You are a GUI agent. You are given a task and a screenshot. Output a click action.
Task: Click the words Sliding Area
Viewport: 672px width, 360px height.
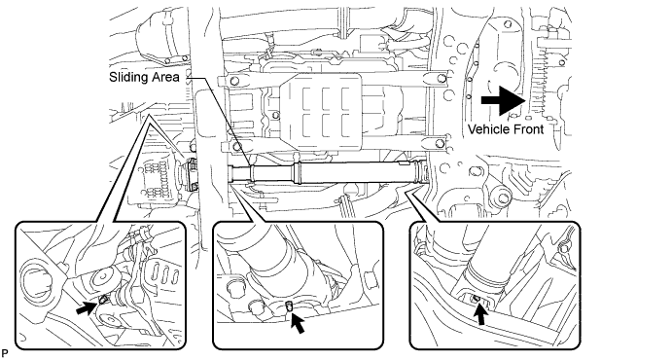click(x=144, y=78)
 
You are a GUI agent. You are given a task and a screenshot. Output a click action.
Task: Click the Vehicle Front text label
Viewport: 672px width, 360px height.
click(x=506, y=129)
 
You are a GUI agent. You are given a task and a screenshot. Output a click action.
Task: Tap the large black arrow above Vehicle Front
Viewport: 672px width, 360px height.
click(x=504, y=100)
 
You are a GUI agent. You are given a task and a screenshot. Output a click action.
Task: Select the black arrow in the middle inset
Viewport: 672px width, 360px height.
click(x=298, y=324)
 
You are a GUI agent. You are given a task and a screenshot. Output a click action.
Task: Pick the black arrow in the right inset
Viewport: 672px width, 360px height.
click(x=481, y=314)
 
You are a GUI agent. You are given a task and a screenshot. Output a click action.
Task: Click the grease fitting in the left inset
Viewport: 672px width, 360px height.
click(x=102, y=300)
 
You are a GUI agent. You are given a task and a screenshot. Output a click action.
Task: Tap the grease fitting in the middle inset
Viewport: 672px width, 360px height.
click(x=289, y=306)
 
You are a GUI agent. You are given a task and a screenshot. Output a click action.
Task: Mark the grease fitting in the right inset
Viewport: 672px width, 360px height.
click(x=475, y=299)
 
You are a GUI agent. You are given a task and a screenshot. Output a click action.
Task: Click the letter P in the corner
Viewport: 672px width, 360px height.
click(x=5, y=353)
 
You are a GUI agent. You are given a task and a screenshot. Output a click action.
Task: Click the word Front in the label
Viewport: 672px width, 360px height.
click(x=527, y=129)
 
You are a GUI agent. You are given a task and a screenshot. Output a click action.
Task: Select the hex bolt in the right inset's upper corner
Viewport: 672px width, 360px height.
click(x=564, y=248)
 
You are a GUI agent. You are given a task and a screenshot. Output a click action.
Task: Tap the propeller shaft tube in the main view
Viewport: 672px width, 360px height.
click(x=329, y=172)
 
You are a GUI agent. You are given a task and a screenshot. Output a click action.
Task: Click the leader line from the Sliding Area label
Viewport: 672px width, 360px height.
click(x=220, y=123)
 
